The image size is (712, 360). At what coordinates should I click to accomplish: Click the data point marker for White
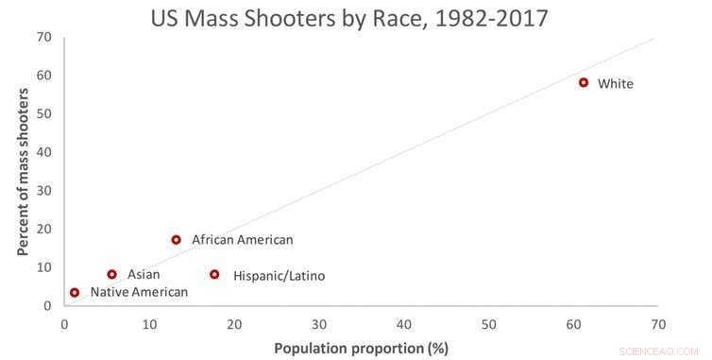tap(584, 82)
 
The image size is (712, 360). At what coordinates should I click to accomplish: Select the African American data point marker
tap(176, 240)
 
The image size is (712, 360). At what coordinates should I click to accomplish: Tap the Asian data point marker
tap(111, 275)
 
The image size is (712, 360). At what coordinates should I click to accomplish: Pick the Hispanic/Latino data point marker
tap(214, 275)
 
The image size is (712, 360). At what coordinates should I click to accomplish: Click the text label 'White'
tap(615, 84)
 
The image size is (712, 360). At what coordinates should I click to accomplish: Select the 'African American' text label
tap(242, 240)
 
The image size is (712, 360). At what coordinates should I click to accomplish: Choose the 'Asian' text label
tap(144, 275)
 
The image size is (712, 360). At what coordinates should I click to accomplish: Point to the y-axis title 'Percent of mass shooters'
tap(23, 172)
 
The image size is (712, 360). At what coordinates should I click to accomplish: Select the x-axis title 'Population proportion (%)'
tap(361, 348)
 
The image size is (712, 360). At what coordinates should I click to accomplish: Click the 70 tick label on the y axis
tap(43, 37)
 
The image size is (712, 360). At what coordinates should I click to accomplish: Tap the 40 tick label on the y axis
tap(43, 152)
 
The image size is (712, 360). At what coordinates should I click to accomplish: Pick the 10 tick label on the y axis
tap(43, 267)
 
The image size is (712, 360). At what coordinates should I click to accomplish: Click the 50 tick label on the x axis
tap(488, 323)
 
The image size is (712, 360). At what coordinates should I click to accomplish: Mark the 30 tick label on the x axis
tap(318, 323)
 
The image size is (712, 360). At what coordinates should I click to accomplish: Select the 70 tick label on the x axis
tap(657, 323)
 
